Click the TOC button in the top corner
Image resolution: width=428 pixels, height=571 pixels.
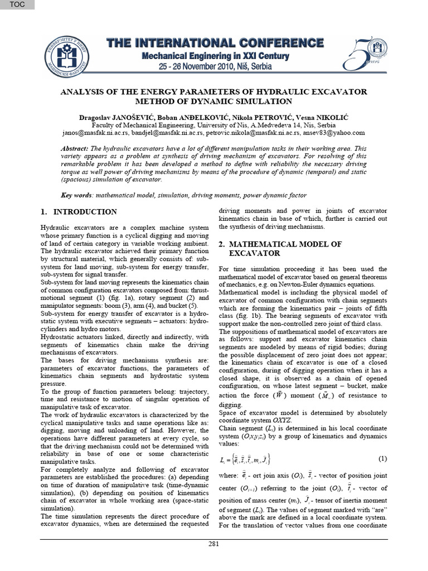click(x=17, y=5)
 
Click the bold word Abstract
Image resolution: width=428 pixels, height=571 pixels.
click(x=74, y=149)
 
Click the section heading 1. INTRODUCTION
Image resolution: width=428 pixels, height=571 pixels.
click(x=79, y=212)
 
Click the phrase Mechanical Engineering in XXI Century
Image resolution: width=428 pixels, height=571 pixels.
click(x=215, y=56)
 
